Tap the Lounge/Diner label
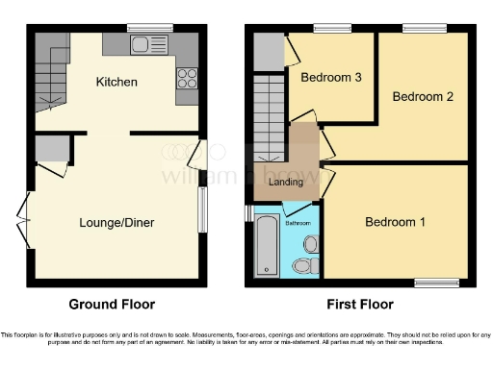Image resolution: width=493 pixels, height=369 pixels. coord(117,222)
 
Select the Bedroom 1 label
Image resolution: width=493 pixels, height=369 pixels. coord(395,222)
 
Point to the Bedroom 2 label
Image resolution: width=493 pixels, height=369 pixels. coord(422,96)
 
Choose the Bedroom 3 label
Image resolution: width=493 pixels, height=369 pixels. coord(331,77)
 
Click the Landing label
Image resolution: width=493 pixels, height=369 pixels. coord(286,182)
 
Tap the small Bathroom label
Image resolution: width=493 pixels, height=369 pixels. coord(298,223)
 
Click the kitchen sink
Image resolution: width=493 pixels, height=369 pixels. coord(146,43)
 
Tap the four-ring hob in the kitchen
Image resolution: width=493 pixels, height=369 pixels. coord(186,80)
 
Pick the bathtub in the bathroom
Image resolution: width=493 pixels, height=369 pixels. coord(266,246)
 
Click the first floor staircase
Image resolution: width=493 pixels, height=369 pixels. coord(269,115)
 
